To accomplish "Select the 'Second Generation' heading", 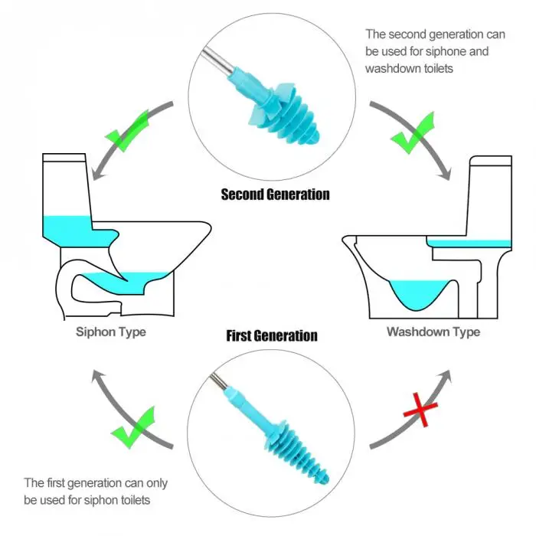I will (x=275, y=194).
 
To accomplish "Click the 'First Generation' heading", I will (x=272, y=335).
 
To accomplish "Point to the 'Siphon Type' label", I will (x=111, y=332).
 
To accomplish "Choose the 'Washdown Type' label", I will (x=433, y=332).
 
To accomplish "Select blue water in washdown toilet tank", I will (x=468, y=243).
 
